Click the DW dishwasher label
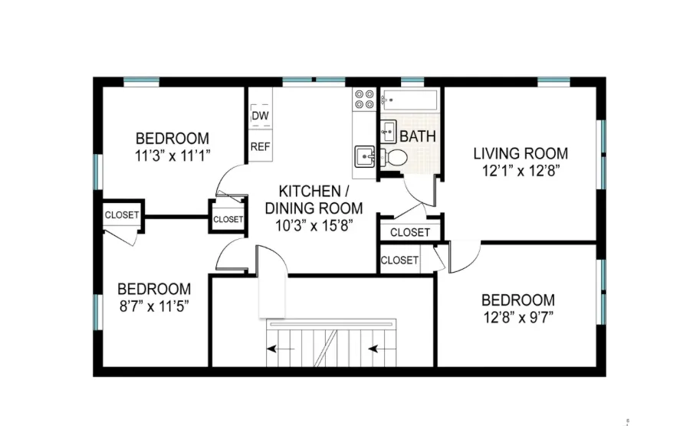tap(260, 116)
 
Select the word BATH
tap(418, 136)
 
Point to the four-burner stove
tap(363, 98)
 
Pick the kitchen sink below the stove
tap(363, 157)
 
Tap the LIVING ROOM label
tap(520, 152)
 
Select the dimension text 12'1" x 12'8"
tap(520, 171)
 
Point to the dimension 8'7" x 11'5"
tap(153, 306)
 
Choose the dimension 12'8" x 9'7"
tap(517, 316)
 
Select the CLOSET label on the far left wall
tap(122, 215)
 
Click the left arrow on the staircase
tap(272, 351)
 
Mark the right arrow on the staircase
tap(376, 351)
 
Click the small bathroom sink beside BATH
tap(388, 129)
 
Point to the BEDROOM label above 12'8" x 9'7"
tap(517, 300)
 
